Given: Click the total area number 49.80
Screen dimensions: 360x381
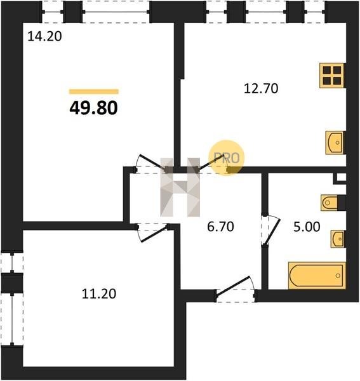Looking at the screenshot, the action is tap(93, 108).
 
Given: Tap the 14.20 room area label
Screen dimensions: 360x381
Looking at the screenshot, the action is tap(44, 36).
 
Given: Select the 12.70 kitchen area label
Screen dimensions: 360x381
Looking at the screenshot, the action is tap(261, 88).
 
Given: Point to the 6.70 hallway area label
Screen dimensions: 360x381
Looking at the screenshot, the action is tap(220, 227).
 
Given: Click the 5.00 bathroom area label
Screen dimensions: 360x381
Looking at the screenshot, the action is tap(307, 227).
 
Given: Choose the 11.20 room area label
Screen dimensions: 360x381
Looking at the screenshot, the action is tap(99, 294).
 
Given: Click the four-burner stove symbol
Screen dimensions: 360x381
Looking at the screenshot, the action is tap(332, 76).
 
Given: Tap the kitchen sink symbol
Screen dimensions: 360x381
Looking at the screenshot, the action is tap(335, 143).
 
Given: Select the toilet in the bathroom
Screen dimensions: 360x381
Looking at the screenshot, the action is tap(330, 203).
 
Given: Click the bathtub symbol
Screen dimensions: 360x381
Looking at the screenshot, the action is tap(317, 276).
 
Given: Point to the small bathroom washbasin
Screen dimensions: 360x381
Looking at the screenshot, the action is tap(338, 239).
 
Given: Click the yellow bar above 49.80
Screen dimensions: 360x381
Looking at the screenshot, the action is tap(94, 91).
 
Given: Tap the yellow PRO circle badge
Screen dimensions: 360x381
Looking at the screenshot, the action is tap(227, 157).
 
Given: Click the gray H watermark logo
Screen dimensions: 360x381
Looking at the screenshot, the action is tap(180, 187).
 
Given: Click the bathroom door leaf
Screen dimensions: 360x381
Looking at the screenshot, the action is tap(272, 232).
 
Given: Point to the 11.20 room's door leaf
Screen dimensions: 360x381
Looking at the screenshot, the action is tap(154, 234).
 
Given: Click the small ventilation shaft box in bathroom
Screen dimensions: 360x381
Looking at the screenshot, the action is tap(341, 178).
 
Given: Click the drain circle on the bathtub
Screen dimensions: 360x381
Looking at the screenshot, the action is tap(338, 276).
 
